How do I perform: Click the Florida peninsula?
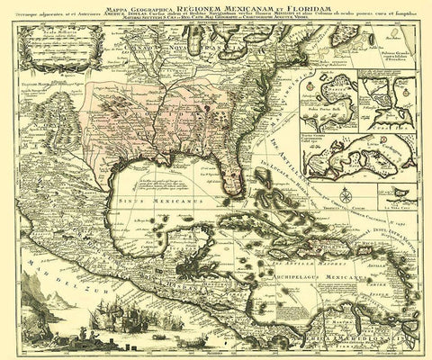coord(235,180)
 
